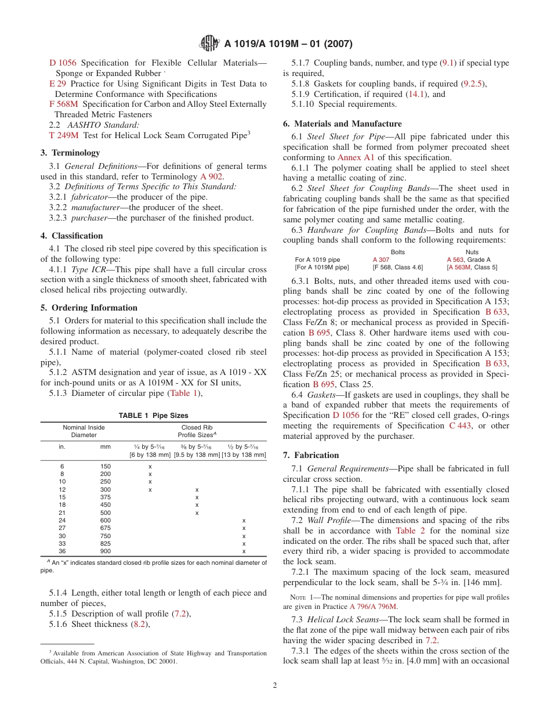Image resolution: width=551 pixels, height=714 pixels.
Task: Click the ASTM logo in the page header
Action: (208, 43)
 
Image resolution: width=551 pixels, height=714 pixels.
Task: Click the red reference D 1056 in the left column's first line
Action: (63, 63)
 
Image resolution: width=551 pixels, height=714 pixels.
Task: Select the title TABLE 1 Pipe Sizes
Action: (153, 416)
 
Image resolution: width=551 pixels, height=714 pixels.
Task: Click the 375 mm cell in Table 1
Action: (105, 497)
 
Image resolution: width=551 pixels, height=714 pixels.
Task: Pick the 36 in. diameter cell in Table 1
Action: (62, 551)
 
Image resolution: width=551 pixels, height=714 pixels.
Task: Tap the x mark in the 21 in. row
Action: (197, 513)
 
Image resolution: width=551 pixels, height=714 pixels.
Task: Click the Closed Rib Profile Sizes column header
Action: (196, 431)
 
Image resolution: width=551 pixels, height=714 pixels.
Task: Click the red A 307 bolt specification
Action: (381, 259)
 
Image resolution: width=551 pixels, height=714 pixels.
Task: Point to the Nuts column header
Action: (472, 252)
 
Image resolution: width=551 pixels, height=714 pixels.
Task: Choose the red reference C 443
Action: (461, 425)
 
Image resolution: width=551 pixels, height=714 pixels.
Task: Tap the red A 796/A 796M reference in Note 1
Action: (373, 606)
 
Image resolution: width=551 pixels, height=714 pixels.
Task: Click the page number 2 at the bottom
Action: (275, 685)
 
